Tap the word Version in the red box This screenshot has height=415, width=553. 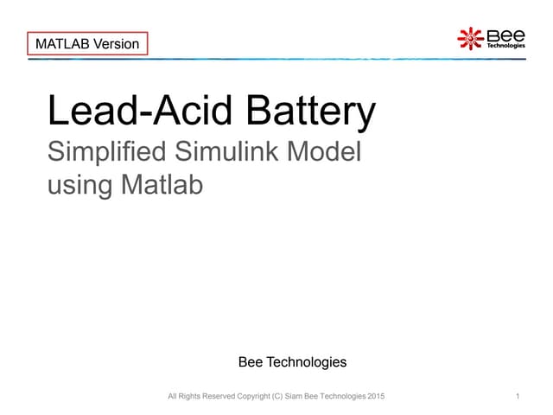(116, 43)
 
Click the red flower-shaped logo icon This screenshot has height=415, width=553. (470, 38)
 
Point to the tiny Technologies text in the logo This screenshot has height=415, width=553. (506, 47)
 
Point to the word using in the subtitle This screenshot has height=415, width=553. (77, 185)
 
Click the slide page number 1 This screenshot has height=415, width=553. (516, 396)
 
